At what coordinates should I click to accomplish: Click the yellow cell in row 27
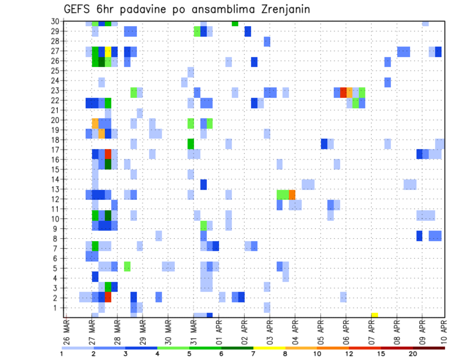click(x=108, y=51)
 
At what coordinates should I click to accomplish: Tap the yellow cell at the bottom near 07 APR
click(x=374, y=315)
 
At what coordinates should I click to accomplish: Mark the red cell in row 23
click(x=343, y=92)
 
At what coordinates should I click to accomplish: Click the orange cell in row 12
click(x=292, y=195)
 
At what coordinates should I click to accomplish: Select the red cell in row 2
click(x=108, y=297)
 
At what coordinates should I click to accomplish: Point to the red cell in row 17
click(x=108, y=154)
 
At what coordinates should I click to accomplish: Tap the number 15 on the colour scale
click(x=381, y=354)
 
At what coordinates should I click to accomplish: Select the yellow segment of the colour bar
click(x=269, y=348)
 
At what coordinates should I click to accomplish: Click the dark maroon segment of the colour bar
click(x=429, y=348)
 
